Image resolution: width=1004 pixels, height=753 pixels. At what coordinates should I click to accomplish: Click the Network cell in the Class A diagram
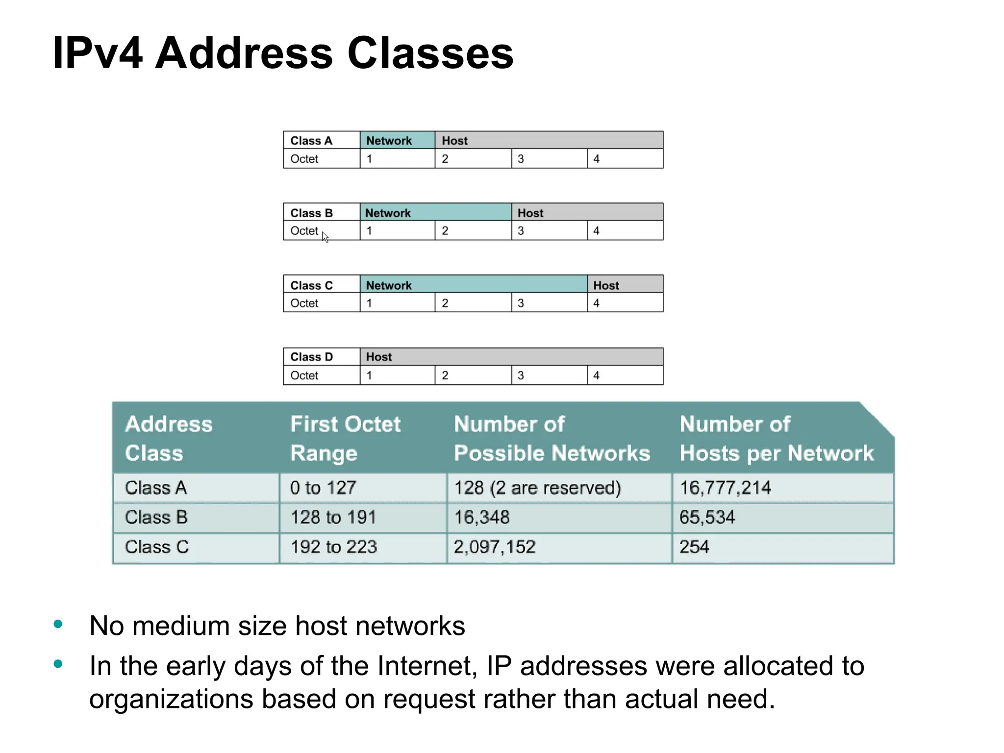click(x=397, y=140)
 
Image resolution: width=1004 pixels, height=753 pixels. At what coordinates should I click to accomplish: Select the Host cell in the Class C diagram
click(x=625, y=285)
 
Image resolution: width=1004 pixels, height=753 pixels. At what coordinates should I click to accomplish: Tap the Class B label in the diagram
click(x=312, y=213)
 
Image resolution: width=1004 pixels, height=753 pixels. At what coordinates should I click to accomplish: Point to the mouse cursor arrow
click(x=325, y=237)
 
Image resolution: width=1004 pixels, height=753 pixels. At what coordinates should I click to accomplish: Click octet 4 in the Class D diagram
click(x=625, y=376)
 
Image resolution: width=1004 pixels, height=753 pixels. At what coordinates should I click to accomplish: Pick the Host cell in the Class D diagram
click(x=511, y=357)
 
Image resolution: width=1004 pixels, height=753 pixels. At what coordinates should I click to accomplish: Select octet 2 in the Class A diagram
click(x=473, y=159)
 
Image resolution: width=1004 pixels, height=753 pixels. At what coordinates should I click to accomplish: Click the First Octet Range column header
click(x=345, y=438)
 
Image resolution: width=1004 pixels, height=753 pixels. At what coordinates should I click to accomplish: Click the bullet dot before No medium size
click(x=58, y=624)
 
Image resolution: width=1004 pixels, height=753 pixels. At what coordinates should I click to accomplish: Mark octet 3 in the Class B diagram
click(x=549, y=231)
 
